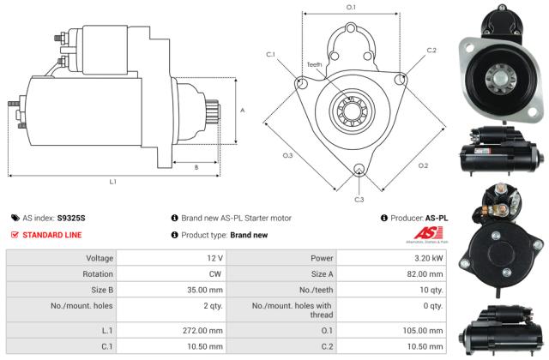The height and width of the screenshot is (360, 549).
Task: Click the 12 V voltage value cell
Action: pos(214,258)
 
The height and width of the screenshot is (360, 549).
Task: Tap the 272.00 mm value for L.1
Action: pos(203,330)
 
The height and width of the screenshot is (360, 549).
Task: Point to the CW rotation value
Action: pos(216,273)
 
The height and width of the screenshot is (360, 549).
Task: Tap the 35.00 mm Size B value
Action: pos(206,290)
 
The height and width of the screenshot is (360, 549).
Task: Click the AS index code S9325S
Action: pos(72,219)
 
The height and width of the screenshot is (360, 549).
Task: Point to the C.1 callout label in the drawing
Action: pos(270,55)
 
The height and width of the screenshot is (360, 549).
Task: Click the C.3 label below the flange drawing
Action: pos(359,200)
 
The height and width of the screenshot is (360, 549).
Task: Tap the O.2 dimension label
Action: pos(423,165)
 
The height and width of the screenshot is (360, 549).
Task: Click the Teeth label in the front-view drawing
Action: pos(314,64)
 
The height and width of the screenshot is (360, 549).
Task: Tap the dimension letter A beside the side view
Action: pos(243,110)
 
